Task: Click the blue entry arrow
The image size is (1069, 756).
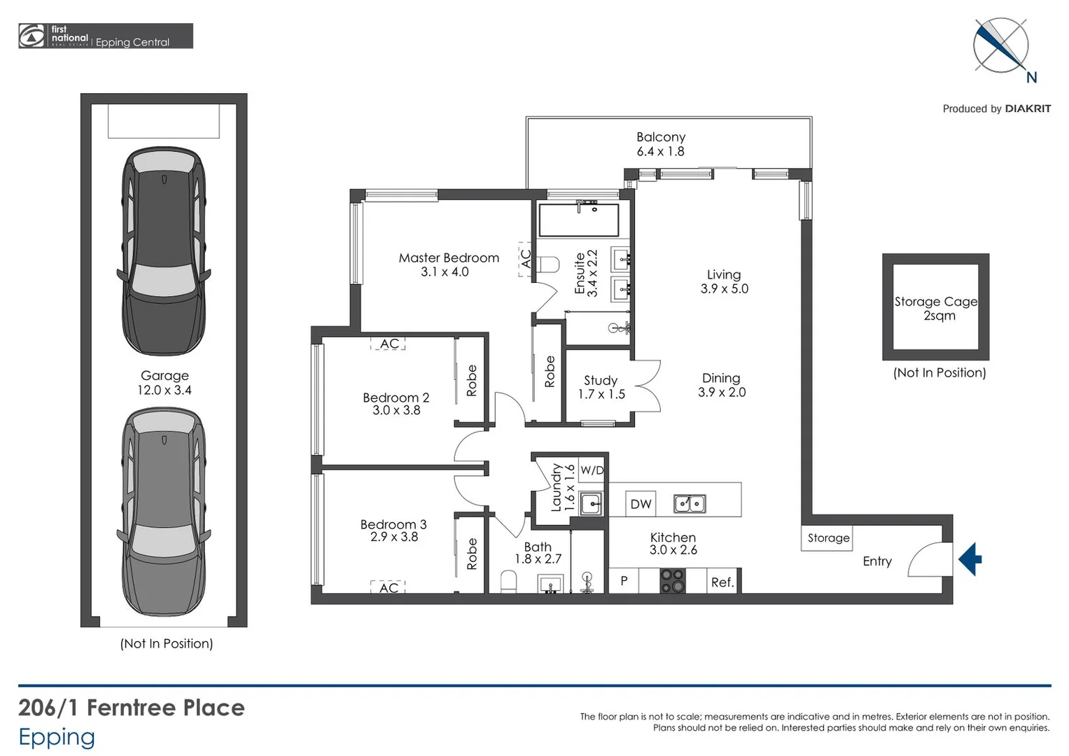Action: [x=970, y=559]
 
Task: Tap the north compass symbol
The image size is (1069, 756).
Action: [x=1001, y=46]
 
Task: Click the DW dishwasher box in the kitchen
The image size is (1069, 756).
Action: [x=641, y=504]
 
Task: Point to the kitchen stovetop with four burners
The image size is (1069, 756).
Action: [x=673, y=581]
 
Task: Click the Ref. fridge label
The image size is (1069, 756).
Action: [x=722, y=582]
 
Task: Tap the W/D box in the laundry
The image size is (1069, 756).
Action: [x=592, y=470]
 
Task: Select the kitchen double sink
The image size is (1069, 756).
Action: [x=690, y=503]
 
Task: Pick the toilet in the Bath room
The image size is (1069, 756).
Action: [x=509, y=581]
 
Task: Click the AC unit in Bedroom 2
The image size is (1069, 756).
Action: [x=389, y=344]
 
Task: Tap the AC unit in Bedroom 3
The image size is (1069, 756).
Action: [x=388, y=587]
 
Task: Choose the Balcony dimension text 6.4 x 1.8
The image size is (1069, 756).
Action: [x=660, y=151]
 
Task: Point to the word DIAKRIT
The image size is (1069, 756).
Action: [x=1028, y=108]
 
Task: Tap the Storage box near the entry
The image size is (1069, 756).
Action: [x=827, y=538]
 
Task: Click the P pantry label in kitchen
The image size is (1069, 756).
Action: [x=624, y=581]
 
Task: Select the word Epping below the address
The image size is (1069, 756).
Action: [x=57, y=737]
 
